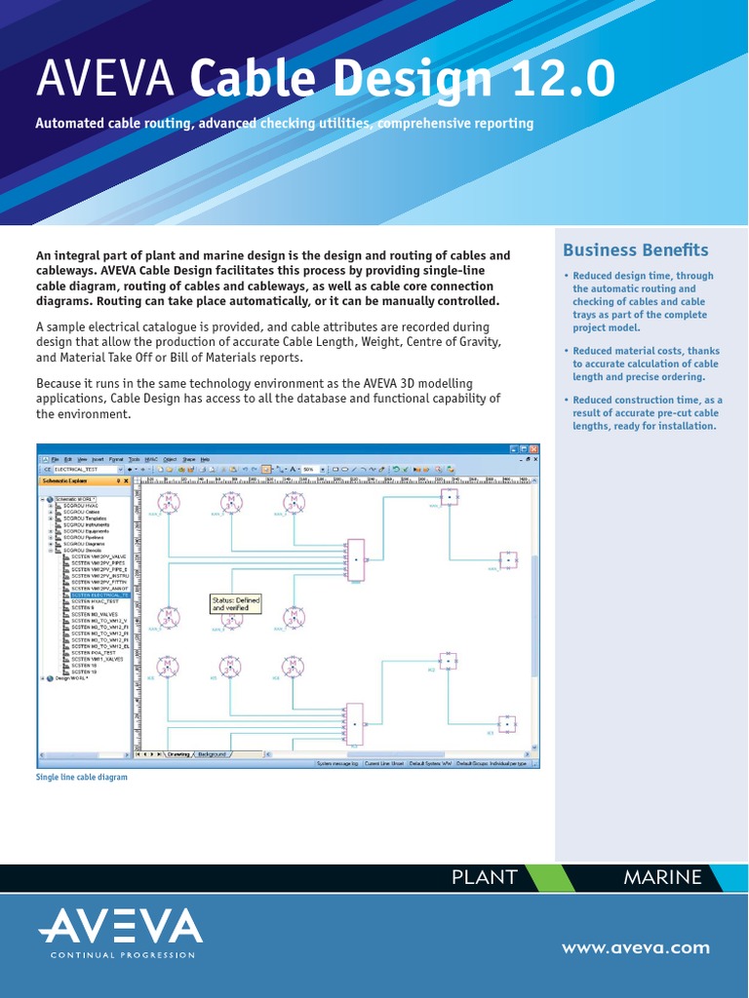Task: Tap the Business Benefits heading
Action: tap(636, 250)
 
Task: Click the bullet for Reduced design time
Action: tap(567, 277)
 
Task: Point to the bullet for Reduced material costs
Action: tap(567, 352)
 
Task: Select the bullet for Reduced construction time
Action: tap(567, 401)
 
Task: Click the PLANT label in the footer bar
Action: tap(484, 877)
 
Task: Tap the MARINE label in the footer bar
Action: tap(662, 877)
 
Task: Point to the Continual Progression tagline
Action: tap(123, 955)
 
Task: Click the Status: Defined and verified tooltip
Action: tap(236, 604)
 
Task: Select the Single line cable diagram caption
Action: tap(82, 778)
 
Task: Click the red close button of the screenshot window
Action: tap(533, 447)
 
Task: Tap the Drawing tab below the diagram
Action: tap(178, 754)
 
